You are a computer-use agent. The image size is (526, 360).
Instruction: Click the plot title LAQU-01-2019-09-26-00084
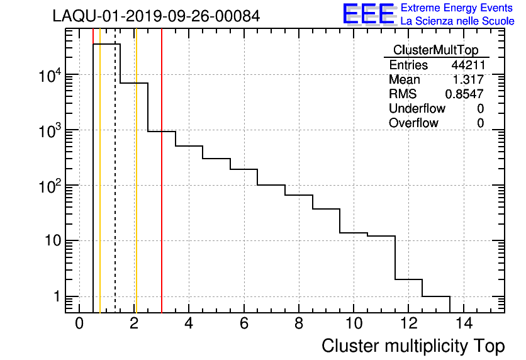(x=156, y=16)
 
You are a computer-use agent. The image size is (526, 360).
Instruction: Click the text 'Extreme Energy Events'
(x=457, y=8)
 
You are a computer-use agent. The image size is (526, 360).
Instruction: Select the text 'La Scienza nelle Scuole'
(x=457, y=21)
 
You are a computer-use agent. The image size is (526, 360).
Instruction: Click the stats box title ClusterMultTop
(x=435, y=50)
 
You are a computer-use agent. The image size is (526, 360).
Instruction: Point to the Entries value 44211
(x=467, y=65)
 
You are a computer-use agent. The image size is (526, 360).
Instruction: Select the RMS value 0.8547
(x=464, y=94)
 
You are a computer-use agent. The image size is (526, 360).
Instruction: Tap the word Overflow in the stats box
(x=413, y=123)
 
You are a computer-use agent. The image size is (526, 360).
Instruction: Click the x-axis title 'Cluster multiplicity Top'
(x=413, y=346)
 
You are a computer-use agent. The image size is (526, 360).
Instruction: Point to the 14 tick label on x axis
(x=464, y=323)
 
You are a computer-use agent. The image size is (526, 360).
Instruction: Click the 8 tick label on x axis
(x=299, y=323)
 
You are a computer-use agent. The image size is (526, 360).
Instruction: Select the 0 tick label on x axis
(x=79, y=323)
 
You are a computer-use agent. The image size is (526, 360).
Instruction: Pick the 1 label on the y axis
(x=55, y=297)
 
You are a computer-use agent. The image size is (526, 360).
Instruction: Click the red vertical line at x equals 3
(x=162, y=189)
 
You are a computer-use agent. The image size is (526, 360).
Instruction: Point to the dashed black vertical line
(x=115, y=189)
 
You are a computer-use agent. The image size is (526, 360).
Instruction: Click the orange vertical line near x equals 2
(x=136, y=189)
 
